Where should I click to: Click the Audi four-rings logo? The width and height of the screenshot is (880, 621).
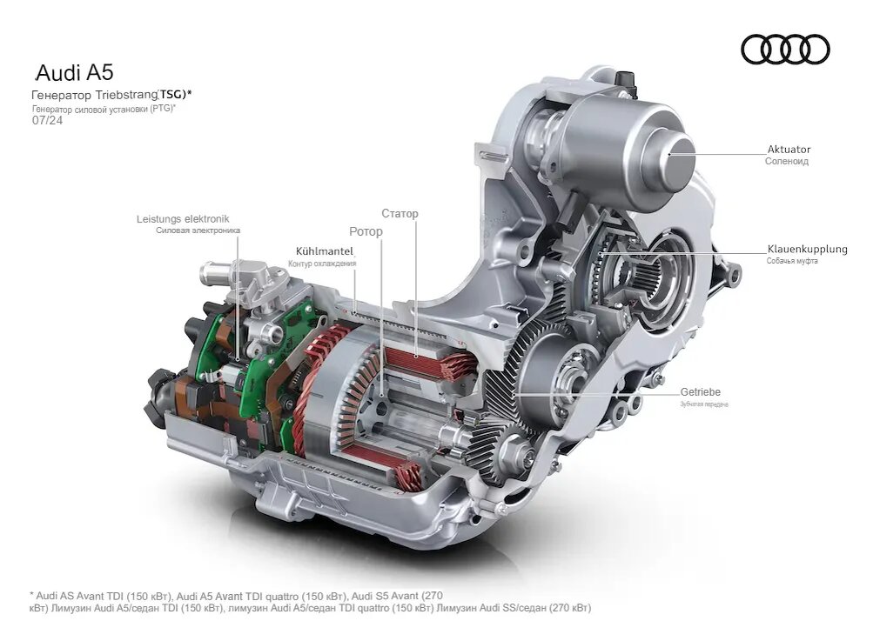click(x=785, y=50)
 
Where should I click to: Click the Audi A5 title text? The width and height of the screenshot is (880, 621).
click(x=75, y=72)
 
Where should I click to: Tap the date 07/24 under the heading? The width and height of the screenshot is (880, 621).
click(x=48, y=120)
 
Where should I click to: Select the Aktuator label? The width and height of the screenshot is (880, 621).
click(x=789, y=150)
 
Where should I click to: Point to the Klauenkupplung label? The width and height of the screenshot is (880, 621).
click(x=807, y=249)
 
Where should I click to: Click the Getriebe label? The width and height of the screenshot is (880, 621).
click(x=701, y=392)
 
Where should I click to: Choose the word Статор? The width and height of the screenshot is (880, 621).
click(x=400, y=213)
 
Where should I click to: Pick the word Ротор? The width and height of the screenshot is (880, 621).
click(x=366, y=231)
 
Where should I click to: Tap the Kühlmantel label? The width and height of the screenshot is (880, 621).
click(x=325, y=251)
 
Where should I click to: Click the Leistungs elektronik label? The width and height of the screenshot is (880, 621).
click(x=183, y=219)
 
